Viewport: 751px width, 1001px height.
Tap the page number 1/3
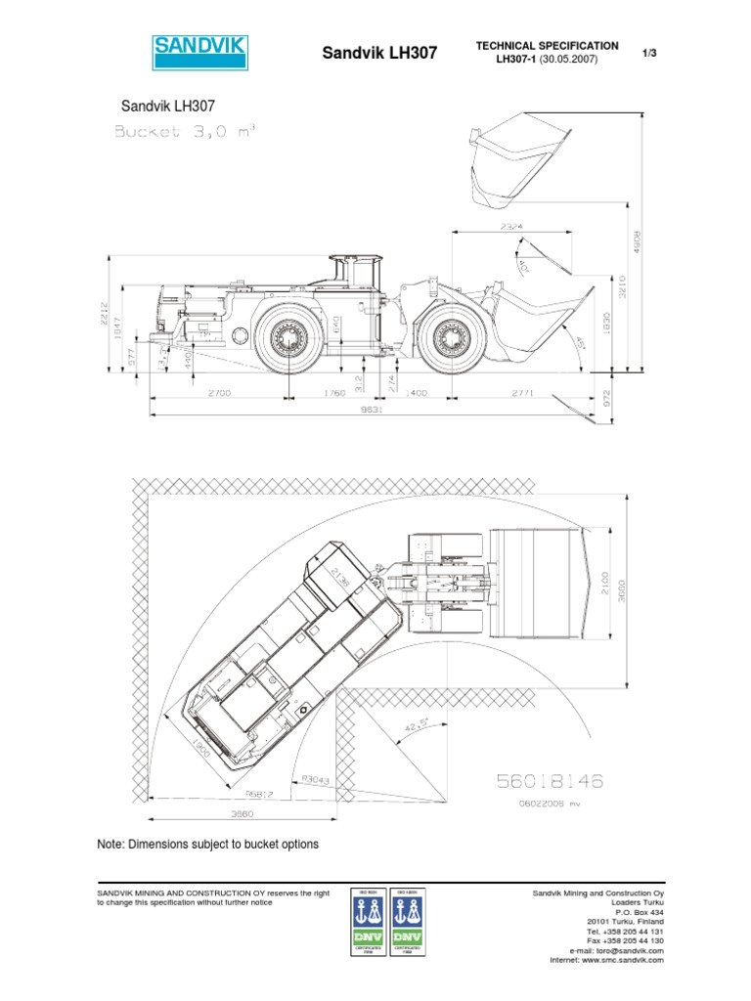pyautogui.click(x=647, y=53)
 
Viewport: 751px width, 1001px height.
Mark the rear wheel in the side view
pyautogui.click(x=292, y=337)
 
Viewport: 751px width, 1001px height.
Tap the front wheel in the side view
pyautogui.click(x=452, y=337)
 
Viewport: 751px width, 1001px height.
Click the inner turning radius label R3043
pyautogui.click(x=317, y=779)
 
